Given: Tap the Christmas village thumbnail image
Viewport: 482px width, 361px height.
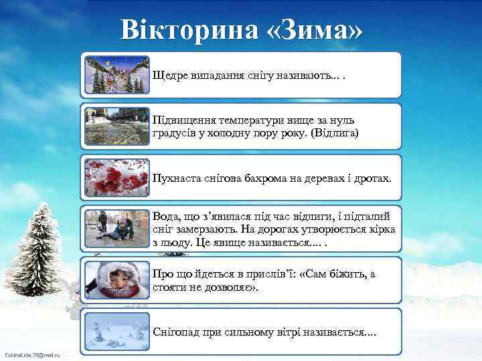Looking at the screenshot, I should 118,74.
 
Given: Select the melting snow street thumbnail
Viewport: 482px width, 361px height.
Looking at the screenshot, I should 118,126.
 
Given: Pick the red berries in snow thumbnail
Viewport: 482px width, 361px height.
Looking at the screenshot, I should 118,177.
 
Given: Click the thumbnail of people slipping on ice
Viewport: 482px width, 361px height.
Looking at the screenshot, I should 118,229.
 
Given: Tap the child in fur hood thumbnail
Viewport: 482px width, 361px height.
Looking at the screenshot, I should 118,280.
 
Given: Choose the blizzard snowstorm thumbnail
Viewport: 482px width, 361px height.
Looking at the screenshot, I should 118,332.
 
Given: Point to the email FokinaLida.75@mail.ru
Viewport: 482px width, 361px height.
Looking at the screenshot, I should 32,354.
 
